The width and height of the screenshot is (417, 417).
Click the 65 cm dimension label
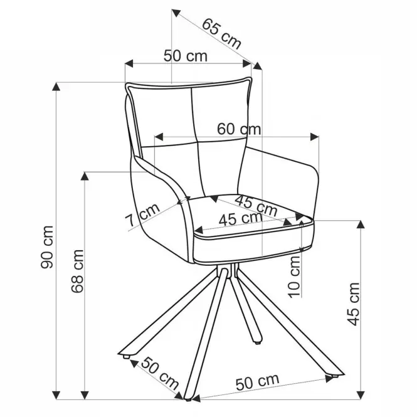[x=221, y=34]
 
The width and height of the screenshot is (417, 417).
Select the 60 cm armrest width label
[x=239, y=129]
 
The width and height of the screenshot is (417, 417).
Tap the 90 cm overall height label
[x=47, y=247]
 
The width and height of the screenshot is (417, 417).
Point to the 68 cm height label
[x=78, y=271]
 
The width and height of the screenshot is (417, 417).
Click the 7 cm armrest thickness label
[x=142, y=214]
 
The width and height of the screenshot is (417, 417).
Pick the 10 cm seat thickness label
[x=294, y=277]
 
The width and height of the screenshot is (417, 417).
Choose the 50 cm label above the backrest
[x=185, y=56]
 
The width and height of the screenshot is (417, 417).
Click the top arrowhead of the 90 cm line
[x=56, y=87]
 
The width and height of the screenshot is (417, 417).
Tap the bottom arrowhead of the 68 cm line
[x=85, y=395]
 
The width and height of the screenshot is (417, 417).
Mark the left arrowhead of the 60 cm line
[x=159, y=137]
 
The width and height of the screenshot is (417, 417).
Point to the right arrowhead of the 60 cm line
[x=315, y=137]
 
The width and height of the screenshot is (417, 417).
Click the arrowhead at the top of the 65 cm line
[x=176, y=13]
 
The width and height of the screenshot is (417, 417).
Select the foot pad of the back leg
[x=257, y=343]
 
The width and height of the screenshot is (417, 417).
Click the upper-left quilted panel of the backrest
[x=163, y=117]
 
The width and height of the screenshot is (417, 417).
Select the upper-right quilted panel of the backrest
[x=220, y=111]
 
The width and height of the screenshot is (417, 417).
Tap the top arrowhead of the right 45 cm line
[x=361, y=224]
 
